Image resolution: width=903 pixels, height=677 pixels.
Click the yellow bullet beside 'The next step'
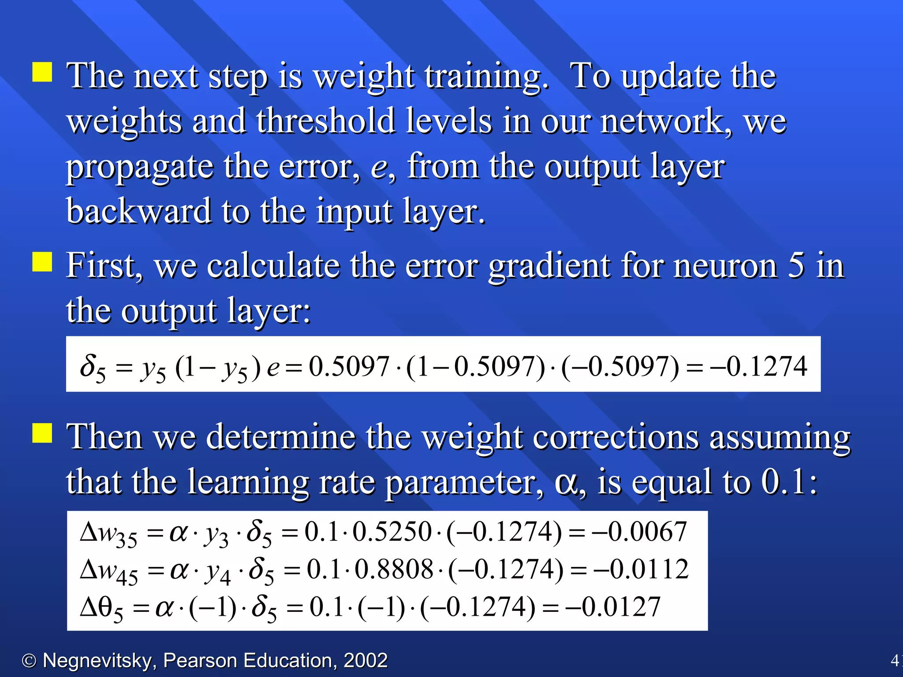click(42, 72)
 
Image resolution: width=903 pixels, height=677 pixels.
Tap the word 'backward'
click(139, 212)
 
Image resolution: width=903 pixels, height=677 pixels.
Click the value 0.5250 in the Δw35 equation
click(392, 532)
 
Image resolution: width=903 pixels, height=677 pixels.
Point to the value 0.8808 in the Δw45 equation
click(394, 569)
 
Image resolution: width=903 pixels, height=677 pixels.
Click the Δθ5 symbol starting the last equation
click(101, 609)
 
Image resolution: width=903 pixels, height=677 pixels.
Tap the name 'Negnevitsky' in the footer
click(97, 661)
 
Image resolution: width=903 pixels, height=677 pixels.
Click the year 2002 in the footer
click(366, 661)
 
